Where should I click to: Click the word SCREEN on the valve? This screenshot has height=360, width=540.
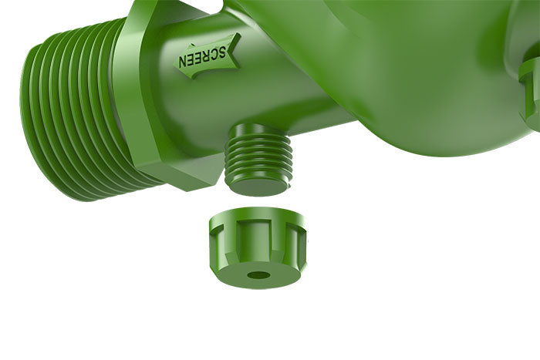pos(204,56)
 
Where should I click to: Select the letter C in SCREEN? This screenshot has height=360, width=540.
pos(215,54)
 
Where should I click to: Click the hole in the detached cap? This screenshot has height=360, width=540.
pos(258,274)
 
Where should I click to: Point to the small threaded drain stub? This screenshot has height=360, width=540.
pos(258,158)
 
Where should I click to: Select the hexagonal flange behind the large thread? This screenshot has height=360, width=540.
pos(154,100)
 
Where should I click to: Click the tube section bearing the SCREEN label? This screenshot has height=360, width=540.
pos(255,85)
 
